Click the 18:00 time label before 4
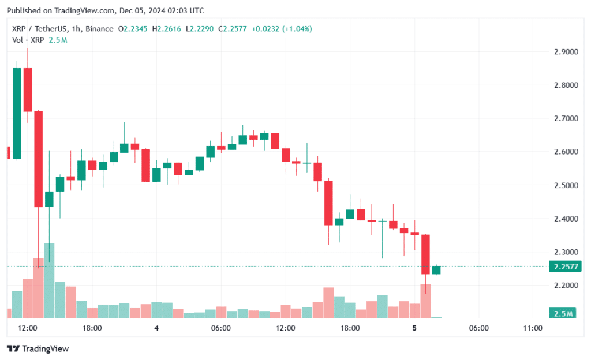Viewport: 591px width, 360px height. click(x=92, y=328)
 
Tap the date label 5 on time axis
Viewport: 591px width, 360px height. click(x=414, y=328)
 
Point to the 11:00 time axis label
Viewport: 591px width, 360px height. click(x=532, y=328)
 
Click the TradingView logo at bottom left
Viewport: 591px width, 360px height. click(x=38, y=348)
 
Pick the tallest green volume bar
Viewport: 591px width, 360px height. click(x=49, y=280)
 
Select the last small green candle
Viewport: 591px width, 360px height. click(x=436, y=270)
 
